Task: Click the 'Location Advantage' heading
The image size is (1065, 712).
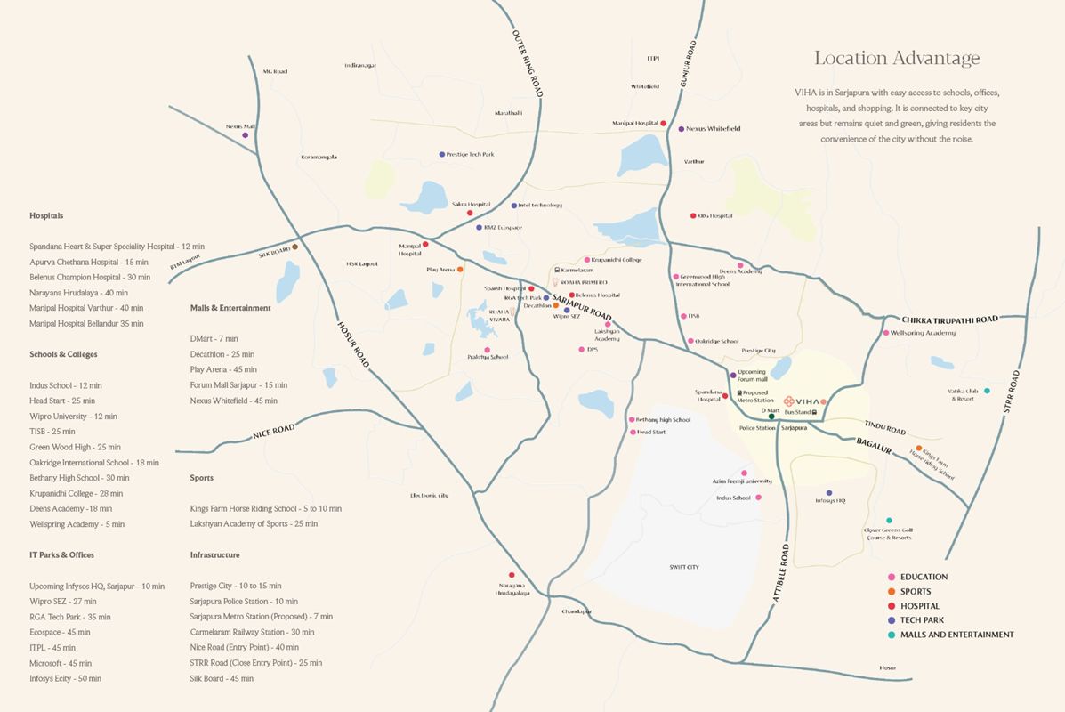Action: (897, 59)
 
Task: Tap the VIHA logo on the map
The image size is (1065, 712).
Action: (802, 400)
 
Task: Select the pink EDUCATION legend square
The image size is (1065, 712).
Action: (892, 577)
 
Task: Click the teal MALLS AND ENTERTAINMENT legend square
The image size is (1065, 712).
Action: (892, 635)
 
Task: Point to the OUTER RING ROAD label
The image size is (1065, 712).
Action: (528, 63)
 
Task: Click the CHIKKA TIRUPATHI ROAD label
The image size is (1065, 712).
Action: (949, 319)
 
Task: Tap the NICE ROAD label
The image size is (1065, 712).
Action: (273, 433)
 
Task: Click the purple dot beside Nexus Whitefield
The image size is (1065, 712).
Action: (682, 129)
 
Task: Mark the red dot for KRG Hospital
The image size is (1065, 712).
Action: (693, 215)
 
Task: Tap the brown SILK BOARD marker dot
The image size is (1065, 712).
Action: (294, 247)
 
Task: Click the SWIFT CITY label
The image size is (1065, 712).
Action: (684, 567)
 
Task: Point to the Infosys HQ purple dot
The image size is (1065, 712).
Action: (829, 492)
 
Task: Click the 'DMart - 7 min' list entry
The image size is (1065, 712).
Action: (214, 339)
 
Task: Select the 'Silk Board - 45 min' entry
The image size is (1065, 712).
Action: (222, 678)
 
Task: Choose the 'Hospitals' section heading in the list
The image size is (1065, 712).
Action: (46, 215)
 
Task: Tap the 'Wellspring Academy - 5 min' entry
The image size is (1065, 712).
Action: (77, 524)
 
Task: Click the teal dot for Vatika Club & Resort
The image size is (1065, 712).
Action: (987, 391)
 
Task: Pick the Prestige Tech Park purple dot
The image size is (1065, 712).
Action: (441, 155)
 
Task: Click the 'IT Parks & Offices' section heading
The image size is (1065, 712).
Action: (61, 555)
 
